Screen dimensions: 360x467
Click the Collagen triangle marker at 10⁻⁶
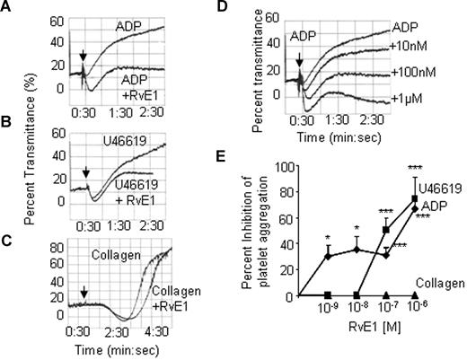click(415, 295)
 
